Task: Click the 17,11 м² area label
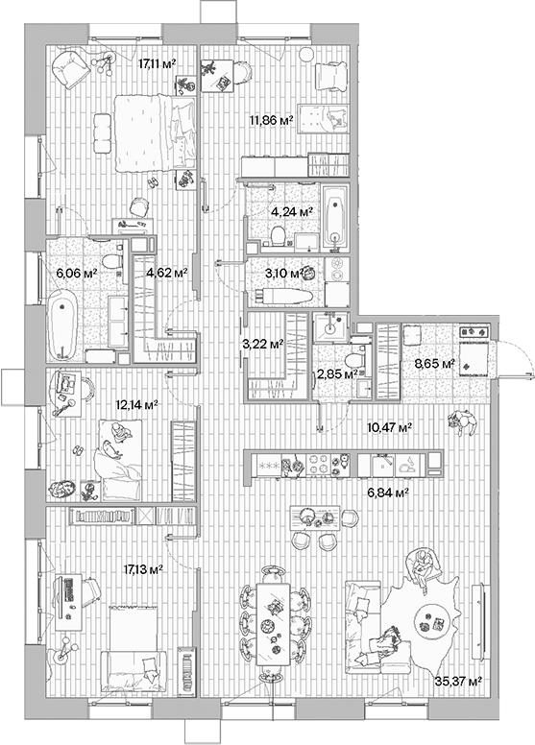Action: [x=156, y=65]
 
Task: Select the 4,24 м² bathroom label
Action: [x=293, y=210]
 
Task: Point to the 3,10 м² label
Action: [x=284, y=272]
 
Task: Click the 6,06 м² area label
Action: [x=78, y=273]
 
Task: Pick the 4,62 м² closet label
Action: [x=165, y=273]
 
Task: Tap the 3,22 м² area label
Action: [x=261, y=343]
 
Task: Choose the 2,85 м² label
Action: [x=337, y=373]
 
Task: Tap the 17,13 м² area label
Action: [x=142, y=569]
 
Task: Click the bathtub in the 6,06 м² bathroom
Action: [x=63, y=325]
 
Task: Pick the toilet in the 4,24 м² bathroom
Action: [x=277, y=233]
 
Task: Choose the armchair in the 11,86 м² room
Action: [x=330, y=77]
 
